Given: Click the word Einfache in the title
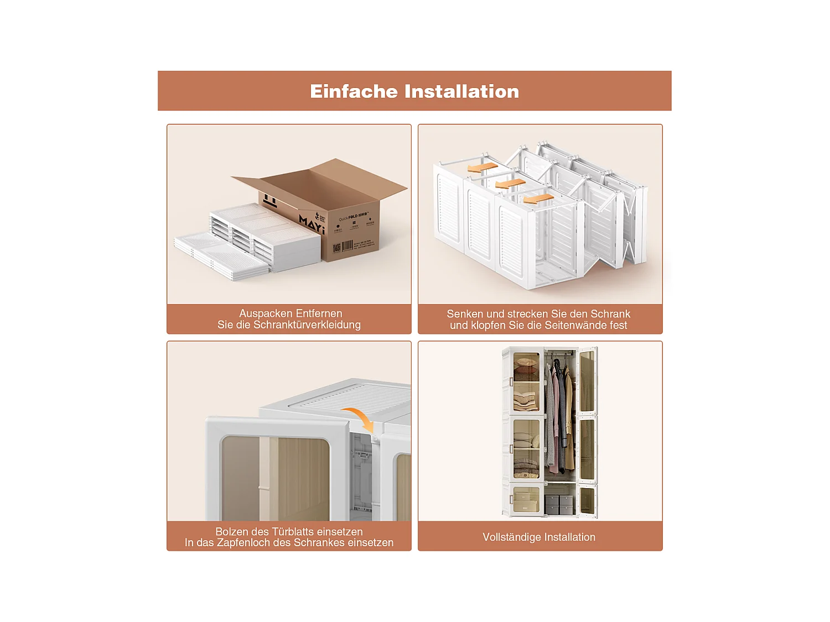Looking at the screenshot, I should pyautogui.click(x=354, y=91).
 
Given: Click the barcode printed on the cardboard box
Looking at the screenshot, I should pyautogui.click(x=347, y=246).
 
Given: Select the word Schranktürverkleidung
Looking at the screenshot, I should pyautogui.click(x=307, y=325).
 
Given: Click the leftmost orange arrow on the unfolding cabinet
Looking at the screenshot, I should pyautogui.click(x=482, y=167).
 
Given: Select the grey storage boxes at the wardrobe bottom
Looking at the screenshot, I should pyautogui.click(x=559, y=504).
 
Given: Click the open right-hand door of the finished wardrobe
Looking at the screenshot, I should pyautogui.click(x=588, y=431).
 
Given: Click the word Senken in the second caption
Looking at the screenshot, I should pyautogui.click(x=464, y=314).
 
